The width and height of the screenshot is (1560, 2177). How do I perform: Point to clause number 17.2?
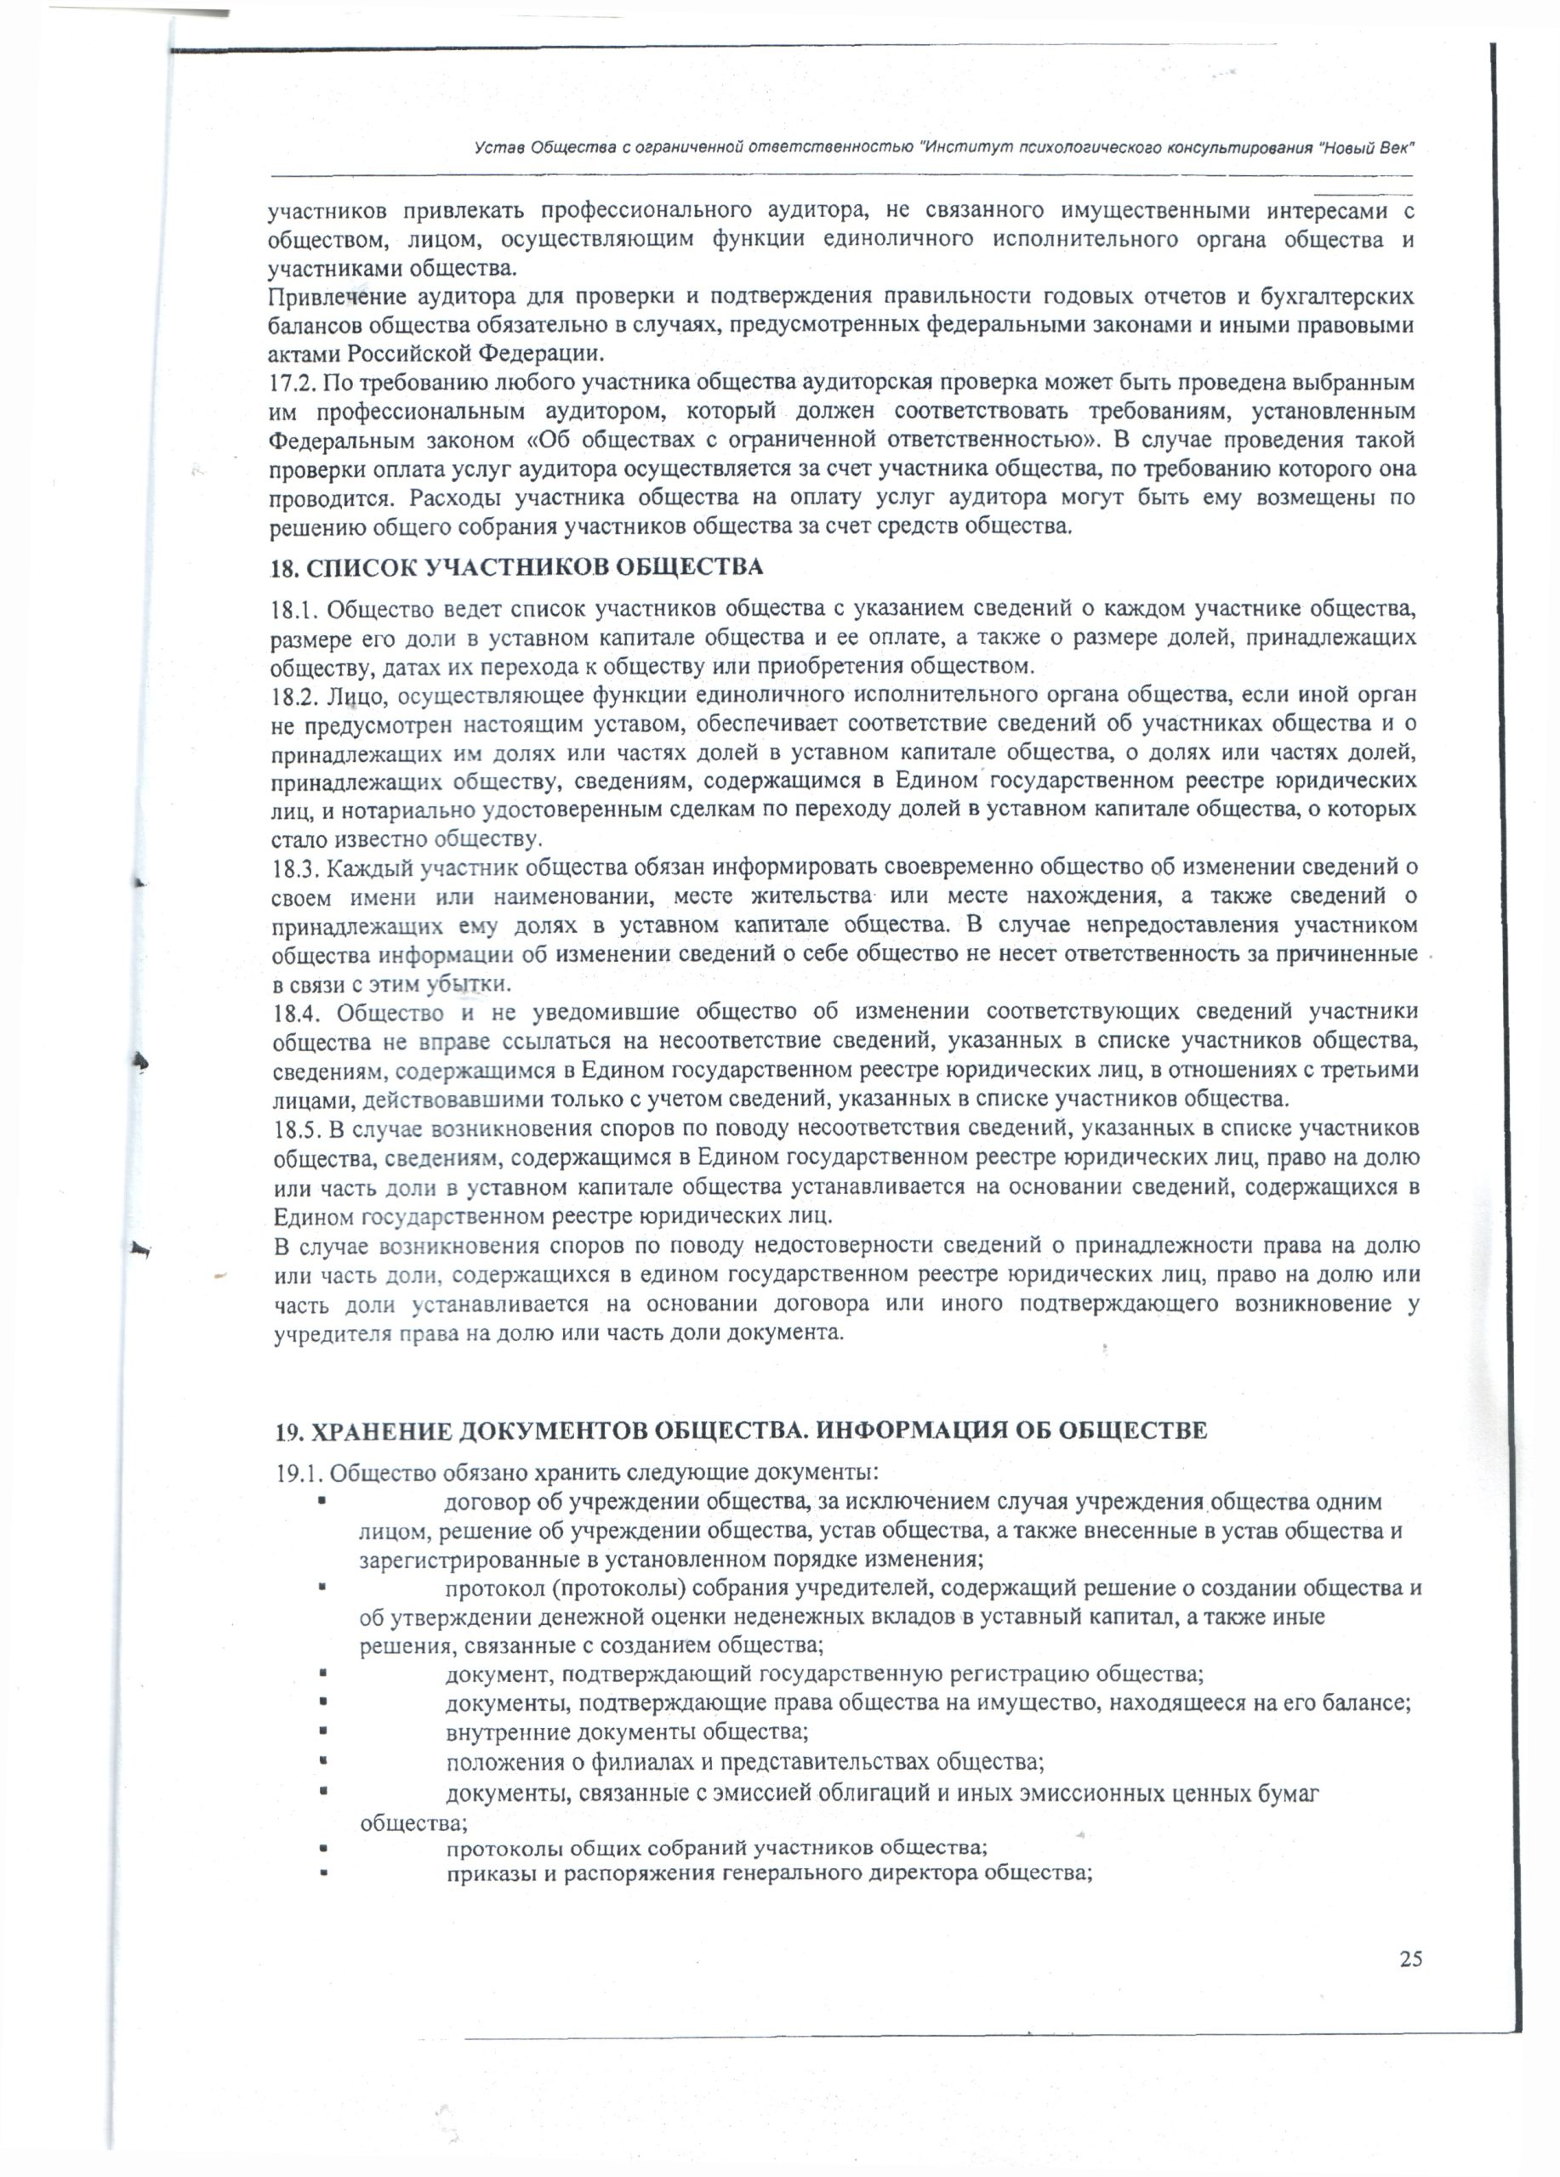click(291, 383)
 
